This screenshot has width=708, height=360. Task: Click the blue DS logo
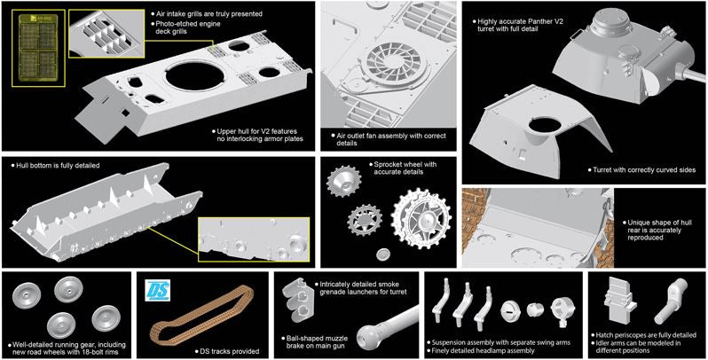[x=157, y=291]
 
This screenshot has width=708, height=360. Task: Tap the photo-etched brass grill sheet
[x=39, y=49]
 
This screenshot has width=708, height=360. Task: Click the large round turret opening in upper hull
[x=195, y=75]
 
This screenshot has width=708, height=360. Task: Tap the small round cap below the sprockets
[x=384, y=254]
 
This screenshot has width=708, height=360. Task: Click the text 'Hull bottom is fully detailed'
[x=58, y=166]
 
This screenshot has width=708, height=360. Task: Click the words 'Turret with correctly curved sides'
[x=644, y=170]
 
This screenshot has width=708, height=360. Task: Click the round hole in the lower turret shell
[x=545, y=125]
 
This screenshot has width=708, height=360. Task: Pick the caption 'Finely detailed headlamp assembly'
[x=483, y=350]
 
